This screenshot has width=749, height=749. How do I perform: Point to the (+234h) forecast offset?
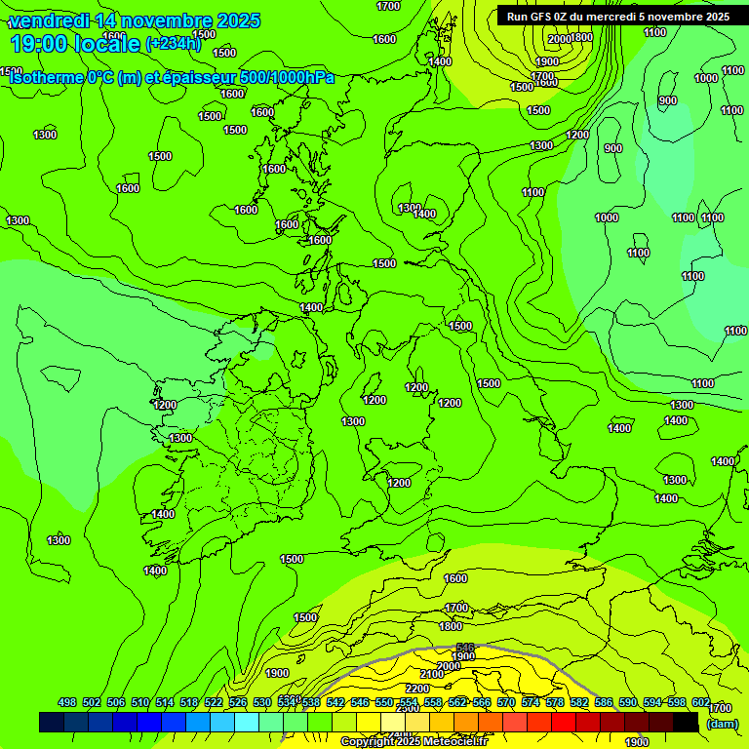pos(173,43)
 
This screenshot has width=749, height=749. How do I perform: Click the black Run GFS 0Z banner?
pos(617,17)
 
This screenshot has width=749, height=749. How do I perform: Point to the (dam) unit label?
pos(722,723)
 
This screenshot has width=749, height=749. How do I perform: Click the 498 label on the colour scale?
pos(67,702)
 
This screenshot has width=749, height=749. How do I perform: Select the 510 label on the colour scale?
pos(140,702)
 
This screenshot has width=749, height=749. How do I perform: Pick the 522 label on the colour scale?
pos(214,702)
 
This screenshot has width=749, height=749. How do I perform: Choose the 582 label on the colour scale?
pos(579,702)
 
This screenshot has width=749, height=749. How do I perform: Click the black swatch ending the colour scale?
pos(686,722)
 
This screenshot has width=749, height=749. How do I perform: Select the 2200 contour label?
pos(417,689)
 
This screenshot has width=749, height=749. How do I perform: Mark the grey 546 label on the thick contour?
pos(465,648)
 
